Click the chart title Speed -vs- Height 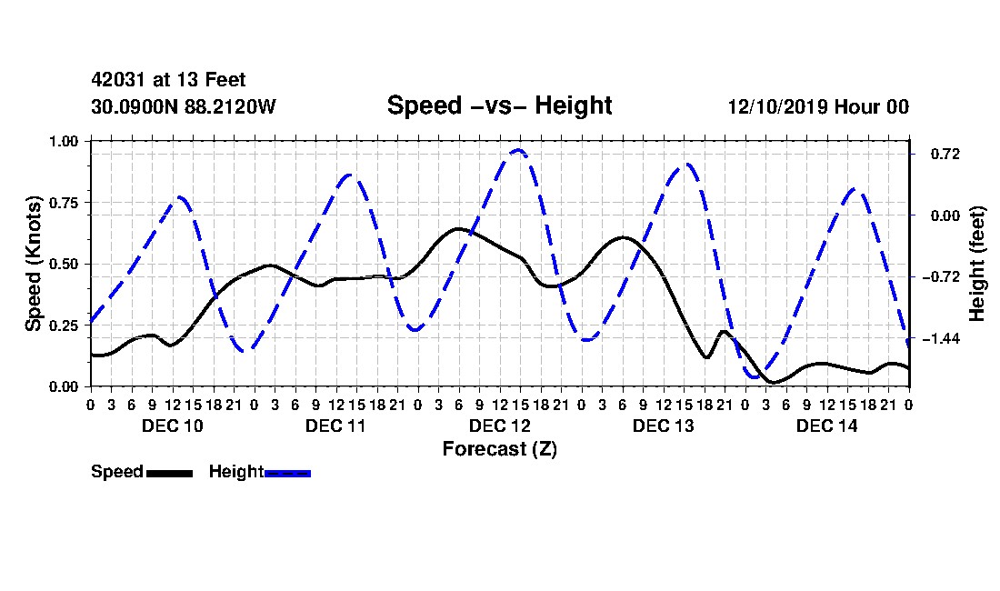(x=499, y=105)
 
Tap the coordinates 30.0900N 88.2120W (x=184, y=106)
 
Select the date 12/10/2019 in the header (x=777, y=106)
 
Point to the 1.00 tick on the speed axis (x=64, y=141)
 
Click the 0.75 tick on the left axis (x=64, y=203)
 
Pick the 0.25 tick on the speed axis (x=64, y=326)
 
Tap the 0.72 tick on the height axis (x=945, y=155)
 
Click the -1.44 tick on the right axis (x=941, y=338)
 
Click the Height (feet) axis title (x=976, y=264)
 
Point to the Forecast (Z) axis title (x=500, y=449)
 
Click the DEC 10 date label (x=172, y=426)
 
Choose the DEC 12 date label (x=499, y=426)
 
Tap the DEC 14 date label (x=826, y=426)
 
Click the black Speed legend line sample (x=169, y=473)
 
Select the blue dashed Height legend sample (x=287, y=473)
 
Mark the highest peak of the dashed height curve (x=518, y=150)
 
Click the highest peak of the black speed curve (x=458, y=228)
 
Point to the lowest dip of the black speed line (x=774, y=383)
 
